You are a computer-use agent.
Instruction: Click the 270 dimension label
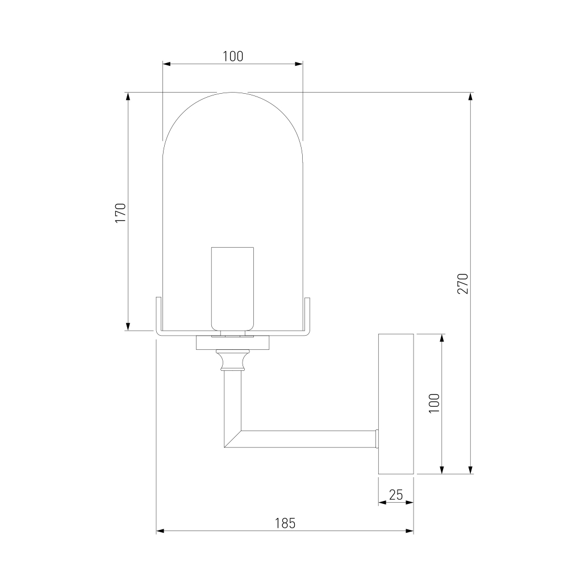463,283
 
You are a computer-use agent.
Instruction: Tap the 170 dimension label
120,213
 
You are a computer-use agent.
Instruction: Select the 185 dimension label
285,524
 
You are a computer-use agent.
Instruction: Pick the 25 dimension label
396,495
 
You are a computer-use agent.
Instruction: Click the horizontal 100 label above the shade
232,56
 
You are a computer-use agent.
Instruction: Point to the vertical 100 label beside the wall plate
434,403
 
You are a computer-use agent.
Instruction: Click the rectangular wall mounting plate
396,404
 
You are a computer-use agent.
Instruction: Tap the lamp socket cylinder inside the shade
232,289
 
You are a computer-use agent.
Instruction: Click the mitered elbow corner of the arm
232,439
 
